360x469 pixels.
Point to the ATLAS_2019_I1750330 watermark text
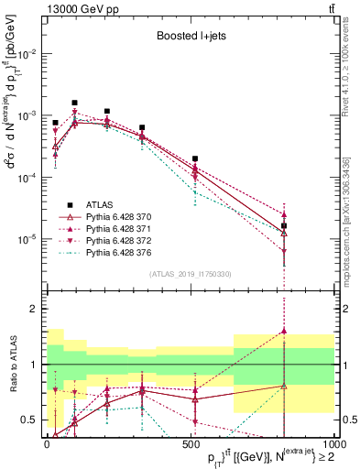[x=190, y=272]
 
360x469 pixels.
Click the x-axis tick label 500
[x=190, y=442]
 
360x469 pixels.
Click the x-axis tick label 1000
[x=333, y=442]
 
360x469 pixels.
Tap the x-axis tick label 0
[x=47, y=442]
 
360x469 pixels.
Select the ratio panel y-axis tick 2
[x=34, y=309]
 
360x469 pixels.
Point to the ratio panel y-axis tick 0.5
[x=29, y=420]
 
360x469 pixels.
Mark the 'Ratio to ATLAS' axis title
[x=12, y=364]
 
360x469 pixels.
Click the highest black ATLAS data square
[x=74, y=103]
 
